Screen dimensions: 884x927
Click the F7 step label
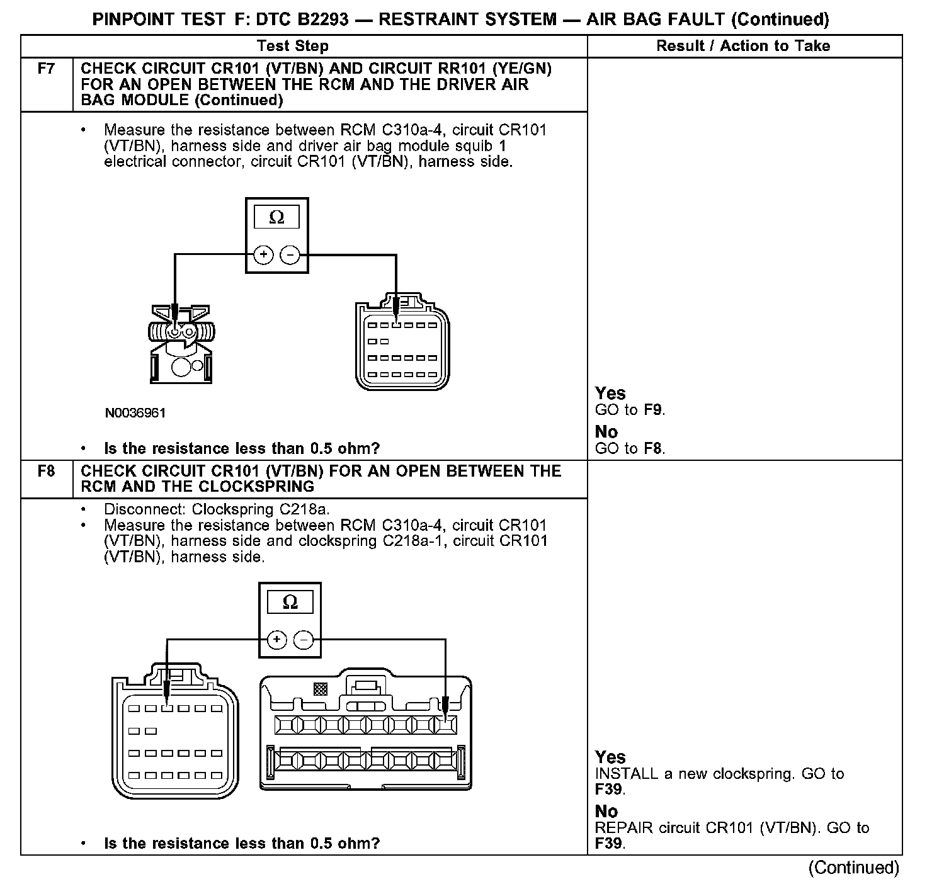(46, 69)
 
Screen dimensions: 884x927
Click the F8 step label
(46, 471)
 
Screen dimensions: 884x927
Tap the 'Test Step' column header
(292, 46)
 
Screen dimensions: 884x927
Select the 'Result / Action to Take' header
(743, 46)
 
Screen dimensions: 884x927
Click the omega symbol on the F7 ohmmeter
(276, 218)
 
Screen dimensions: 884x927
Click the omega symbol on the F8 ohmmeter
(290, 602)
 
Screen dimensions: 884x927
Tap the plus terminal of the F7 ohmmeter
(263, 255)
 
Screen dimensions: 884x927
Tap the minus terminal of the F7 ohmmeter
(290, 255)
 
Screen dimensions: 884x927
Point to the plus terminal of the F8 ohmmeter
(277, 640)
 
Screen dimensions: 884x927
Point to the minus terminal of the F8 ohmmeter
(304, 640)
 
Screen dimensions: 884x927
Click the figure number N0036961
(135, 413)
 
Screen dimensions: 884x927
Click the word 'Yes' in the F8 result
(610, 757)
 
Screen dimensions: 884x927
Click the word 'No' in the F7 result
(606, 432)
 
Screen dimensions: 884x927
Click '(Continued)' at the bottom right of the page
(854, 868)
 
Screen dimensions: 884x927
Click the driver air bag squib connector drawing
(181, 343)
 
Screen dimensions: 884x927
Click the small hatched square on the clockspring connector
(320, 689)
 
